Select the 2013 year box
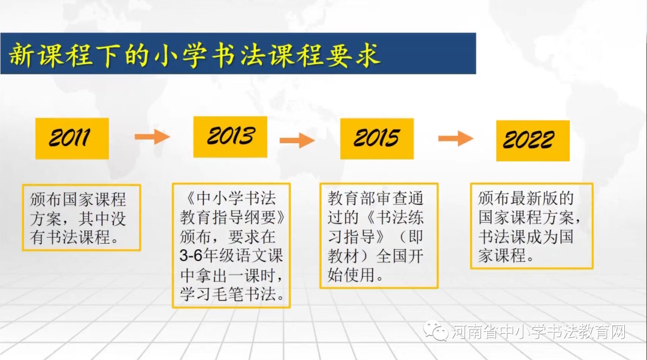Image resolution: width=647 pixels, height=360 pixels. [230, 137]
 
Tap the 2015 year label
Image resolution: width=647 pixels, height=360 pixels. [376, 138]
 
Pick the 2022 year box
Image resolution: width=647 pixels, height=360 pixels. [533, 141]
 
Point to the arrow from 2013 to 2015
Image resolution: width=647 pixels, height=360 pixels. [297, 141]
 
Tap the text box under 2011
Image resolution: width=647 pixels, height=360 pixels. [81, 217]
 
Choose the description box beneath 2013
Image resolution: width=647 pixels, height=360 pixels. [231, 246]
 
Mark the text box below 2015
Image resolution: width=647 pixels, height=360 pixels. [378, 236]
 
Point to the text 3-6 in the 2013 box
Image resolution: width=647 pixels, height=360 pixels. [191, 256]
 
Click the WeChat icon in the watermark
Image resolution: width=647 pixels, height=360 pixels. [436, 331]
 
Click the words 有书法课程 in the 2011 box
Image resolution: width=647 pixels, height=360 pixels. [70, 237]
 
